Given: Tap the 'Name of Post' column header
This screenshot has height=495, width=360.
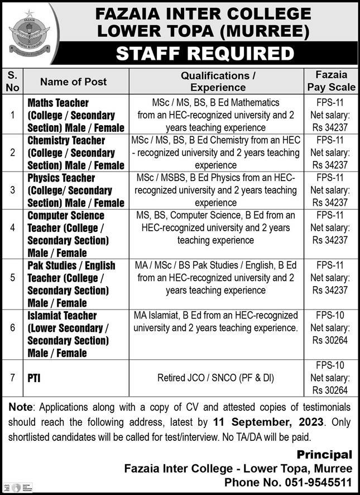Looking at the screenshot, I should [73, 82].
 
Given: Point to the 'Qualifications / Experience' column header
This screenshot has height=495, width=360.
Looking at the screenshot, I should [218, 81].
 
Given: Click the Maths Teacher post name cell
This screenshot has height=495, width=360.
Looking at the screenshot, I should [76, 115].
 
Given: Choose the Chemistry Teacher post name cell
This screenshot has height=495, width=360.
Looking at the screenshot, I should [76, 153].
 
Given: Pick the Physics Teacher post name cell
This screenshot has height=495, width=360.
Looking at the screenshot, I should [76, 191].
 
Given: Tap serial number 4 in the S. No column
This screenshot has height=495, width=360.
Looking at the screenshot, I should [13, 228].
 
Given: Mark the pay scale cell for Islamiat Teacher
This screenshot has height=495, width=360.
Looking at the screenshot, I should [331, 329].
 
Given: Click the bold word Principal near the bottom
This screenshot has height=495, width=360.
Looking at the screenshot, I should [324, 455].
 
